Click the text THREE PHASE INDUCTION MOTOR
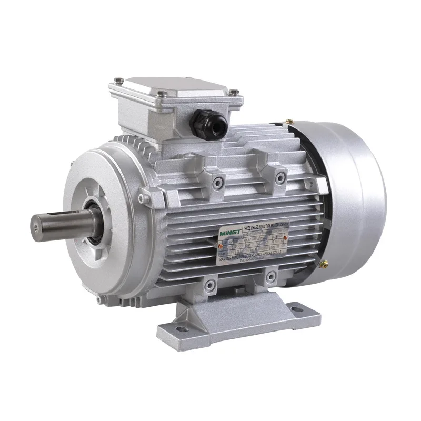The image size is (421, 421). pos(262,224)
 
